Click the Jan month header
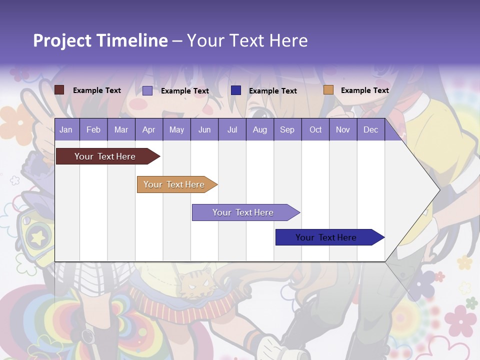(x=66, y=129)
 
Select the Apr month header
(x=148, y=129)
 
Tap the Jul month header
(x=232, y=129)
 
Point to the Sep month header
(x=287, y=129)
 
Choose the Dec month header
(x=370, y=129)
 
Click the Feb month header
(x=93, y=129)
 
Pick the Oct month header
(x=315, y=129)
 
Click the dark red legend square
(x=59, y=90)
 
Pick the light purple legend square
(x=147, y=90)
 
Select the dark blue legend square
(x=236, y=90)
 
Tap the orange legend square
(x=328, y=90)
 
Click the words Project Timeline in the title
(x=100, y=40)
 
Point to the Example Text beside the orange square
(x=364, y=90)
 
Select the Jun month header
(x=204, y=129)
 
